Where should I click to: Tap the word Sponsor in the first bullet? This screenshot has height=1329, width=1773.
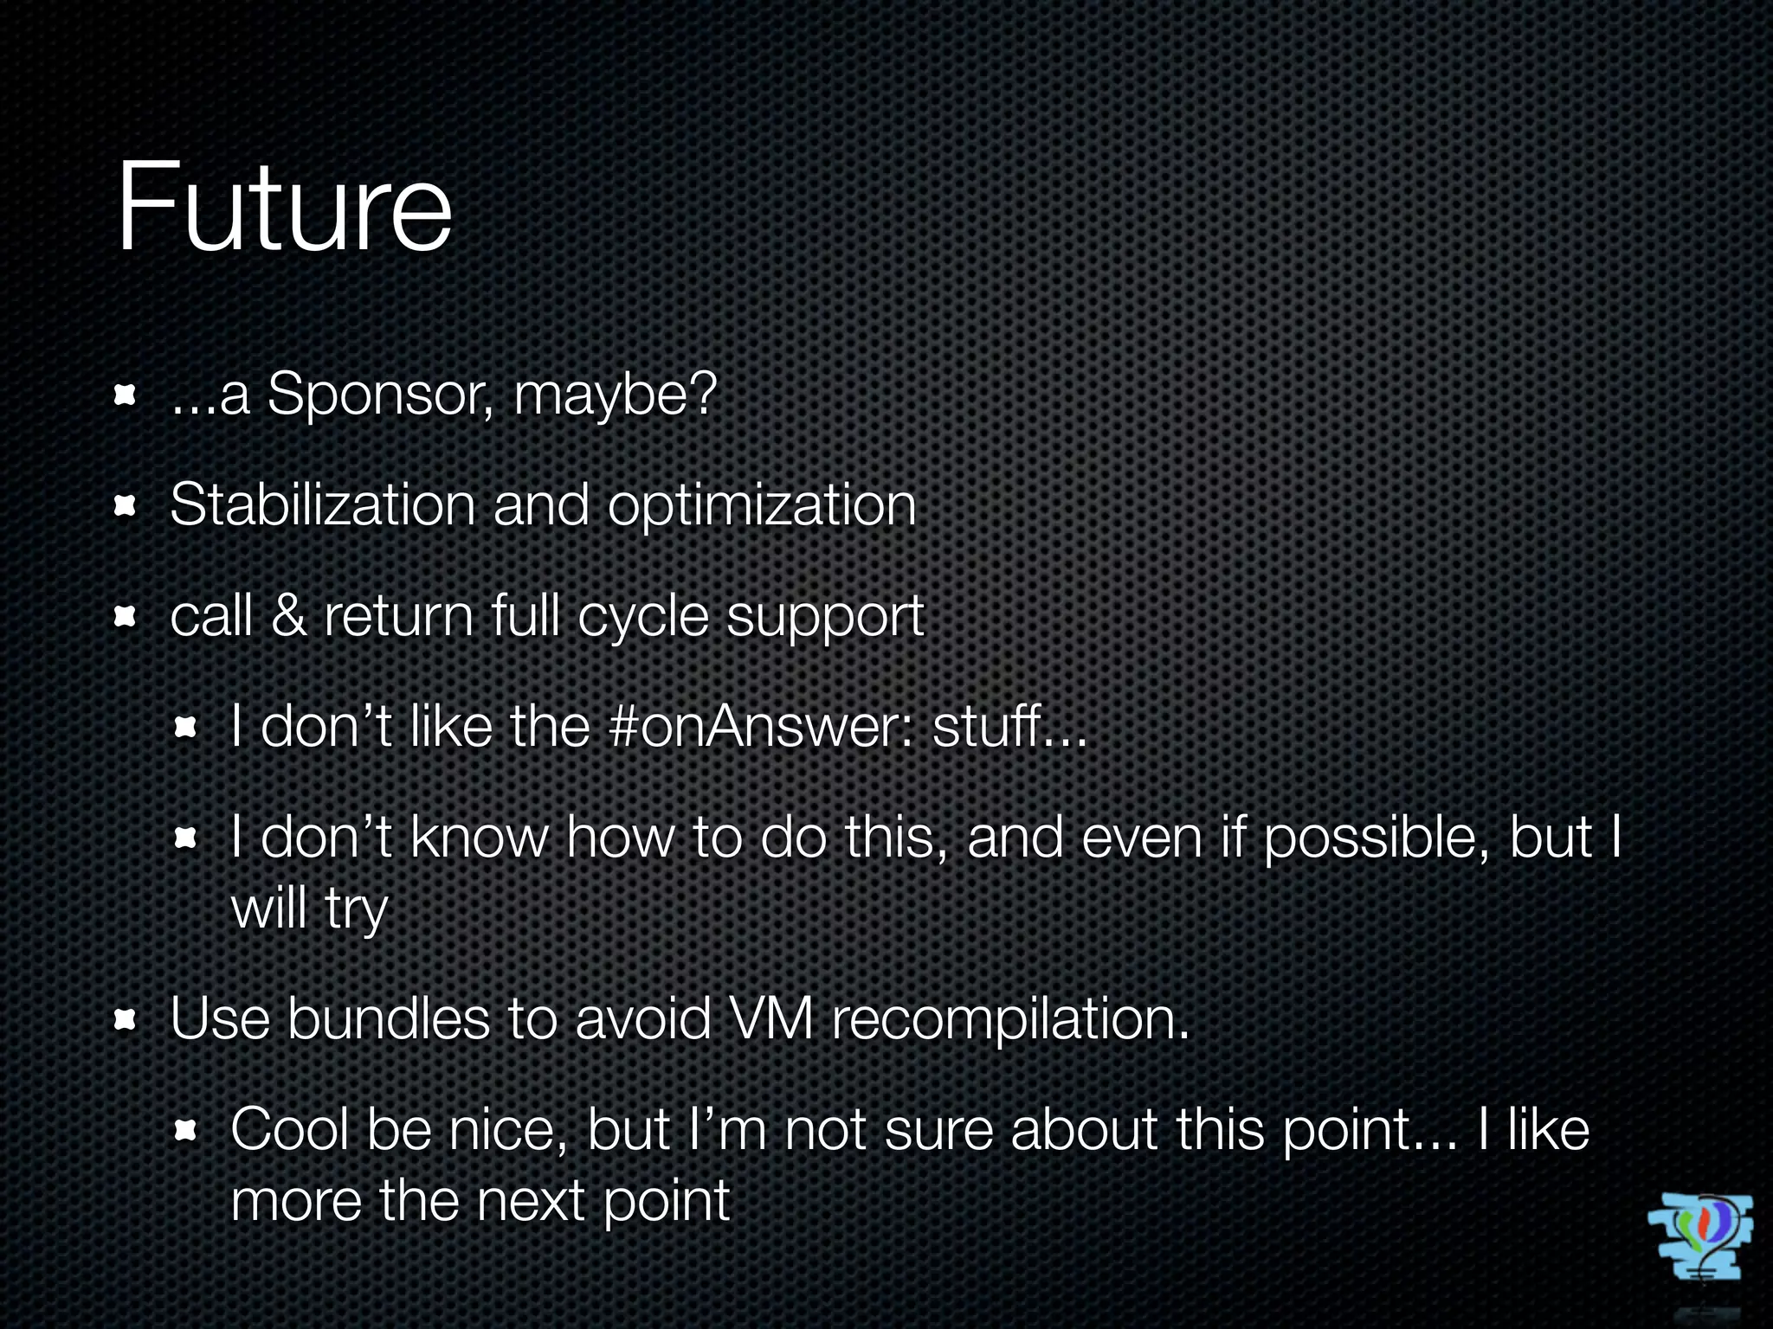click(x=379, y=395)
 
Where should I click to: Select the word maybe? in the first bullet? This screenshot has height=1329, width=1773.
click(x=615, y=396)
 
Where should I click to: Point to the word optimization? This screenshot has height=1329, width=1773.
click(x=761, y=506)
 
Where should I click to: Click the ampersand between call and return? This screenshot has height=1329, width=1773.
click(x=288, y=616)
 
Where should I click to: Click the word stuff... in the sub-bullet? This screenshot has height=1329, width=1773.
click(x=1009, y=726)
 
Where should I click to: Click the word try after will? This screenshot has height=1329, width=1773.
click(x=356, y=910)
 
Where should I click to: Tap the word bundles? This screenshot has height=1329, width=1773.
click(x=388, y=1018)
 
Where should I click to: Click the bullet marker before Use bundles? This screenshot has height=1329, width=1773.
click(x=126, y=1020)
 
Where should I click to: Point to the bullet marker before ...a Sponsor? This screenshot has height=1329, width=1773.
click(x=126, y=396)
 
